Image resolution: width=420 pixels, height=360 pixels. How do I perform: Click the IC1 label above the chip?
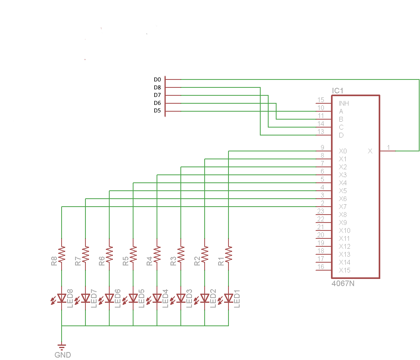coord(337,91)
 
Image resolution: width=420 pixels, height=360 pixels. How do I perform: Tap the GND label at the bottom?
coord(62,355)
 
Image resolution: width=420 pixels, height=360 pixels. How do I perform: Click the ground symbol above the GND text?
coord(62,346)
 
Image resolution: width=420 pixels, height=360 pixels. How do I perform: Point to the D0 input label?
coord(157,79)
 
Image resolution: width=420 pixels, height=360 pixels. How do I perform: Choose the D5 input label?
coord(157,111)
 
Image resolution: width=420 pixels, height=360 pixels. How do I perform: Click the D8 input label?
coord(157,87)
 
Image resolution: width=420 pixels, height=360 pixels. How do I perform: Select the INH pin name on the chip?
coord(344,103)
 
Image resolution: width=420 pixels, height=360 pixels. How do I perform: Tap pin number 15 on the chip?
coord(321,100)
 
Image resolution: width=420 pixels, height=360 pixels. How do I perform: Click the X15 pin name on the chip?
coord(345,270)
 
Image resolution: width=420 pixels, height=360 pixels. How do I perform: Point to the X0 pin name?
coord(343,151)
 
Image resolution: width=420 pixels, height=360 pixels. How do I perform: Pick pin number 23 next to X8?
coord(321,211)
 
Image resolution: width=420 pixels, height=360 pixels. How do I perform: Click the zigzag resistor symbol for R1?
coord(228,254)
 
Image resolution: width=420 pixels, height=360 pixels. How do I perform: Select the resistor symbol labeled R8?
coord(62,254)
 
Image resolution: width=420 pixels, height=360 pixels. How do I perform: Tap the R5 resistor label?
coord(126,261)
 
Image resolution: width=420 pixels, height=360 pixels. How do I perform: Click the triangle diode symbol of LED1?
coord(228,298)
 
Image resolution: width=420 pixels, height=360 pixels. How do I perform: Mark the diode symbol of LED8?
coord(62,298)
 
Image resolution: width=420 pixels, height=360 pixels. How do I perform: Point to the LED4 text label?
coord(166,298)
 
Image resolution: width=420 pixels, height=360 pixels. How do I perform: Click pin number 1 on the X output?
coord(389,147)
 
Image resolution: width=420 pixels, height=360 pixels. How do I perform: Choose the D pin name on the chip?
coord(341,135)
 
